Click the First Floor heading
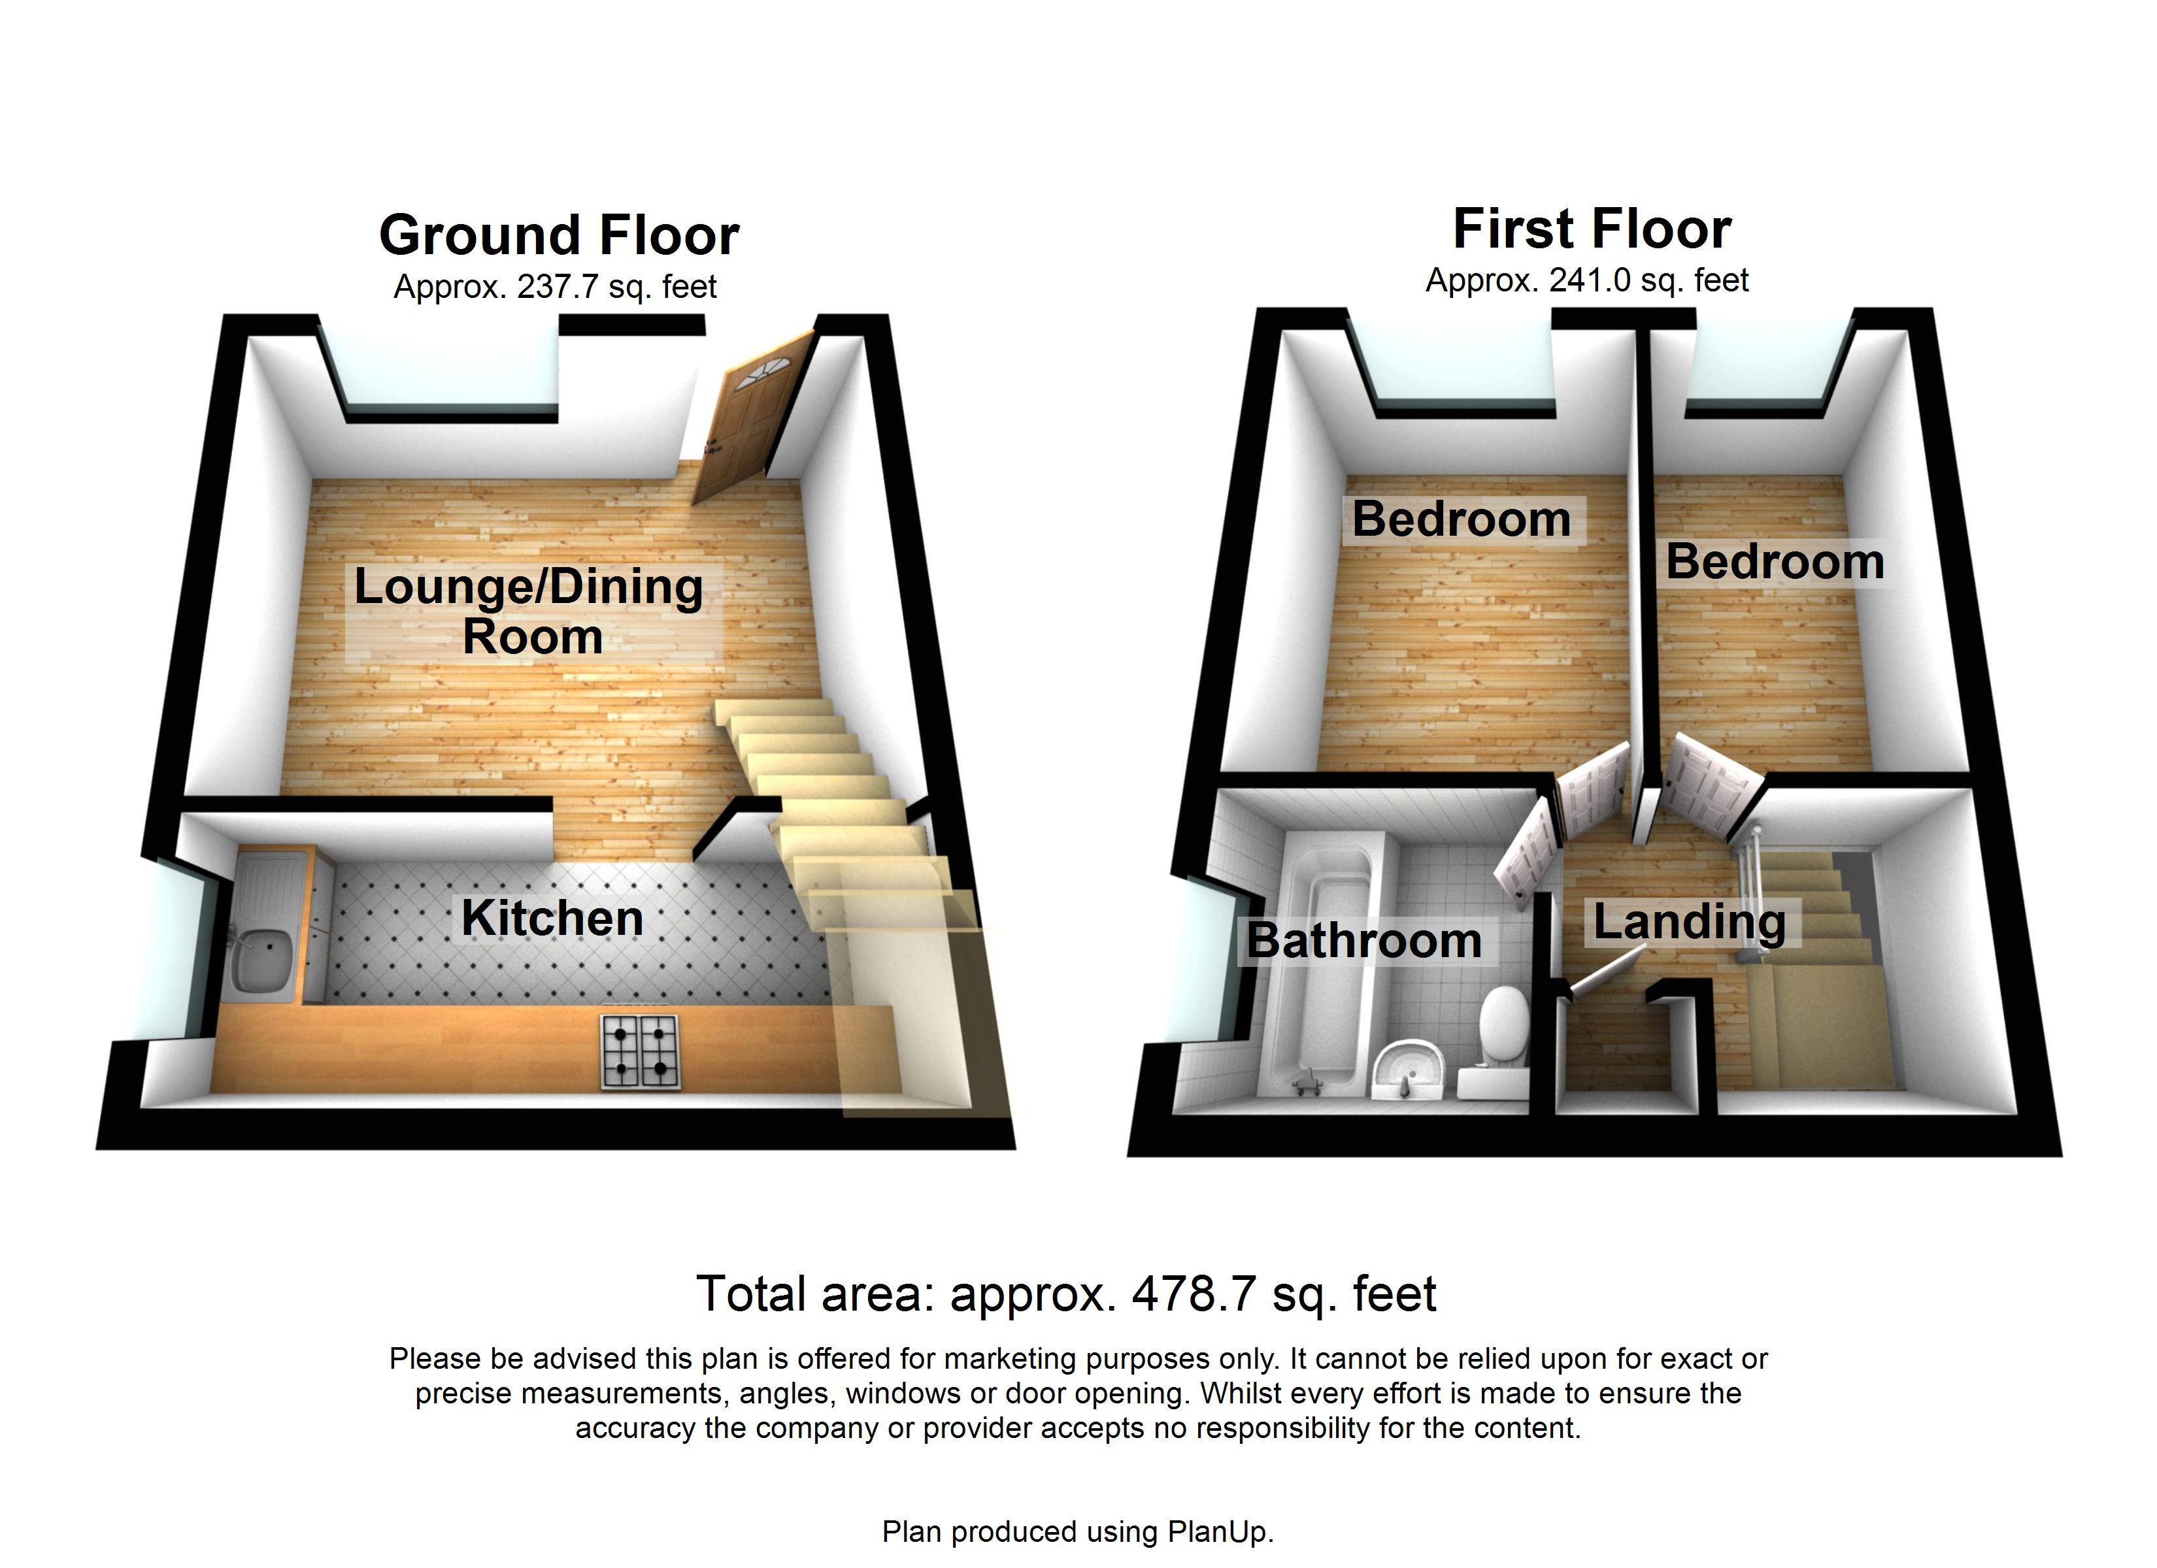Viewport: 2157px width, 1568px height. point(1592,229)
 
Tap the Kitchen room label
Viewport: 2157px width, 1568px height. point(552,919)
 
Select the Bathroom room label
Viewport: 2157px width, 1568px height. point(1364,940)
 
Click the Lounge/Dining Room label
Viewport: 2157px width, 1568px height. point(529,610)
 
